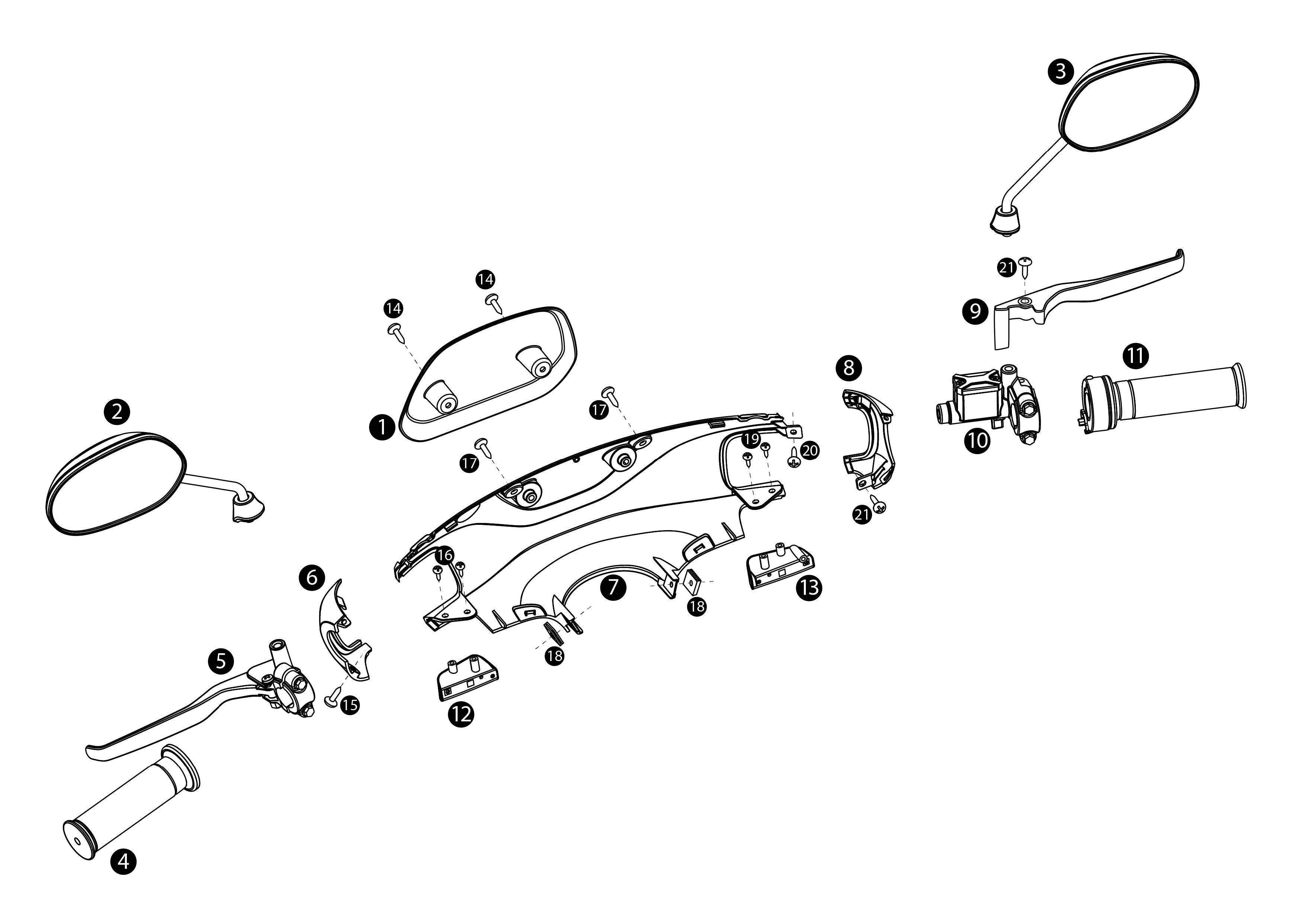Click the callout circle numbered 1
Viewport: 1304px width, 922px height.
pos(382,427)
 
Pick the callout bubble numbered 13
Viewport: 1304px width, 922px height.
pos(809,587)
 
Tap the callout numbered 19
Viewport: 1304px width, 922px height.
pos(751,439)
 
